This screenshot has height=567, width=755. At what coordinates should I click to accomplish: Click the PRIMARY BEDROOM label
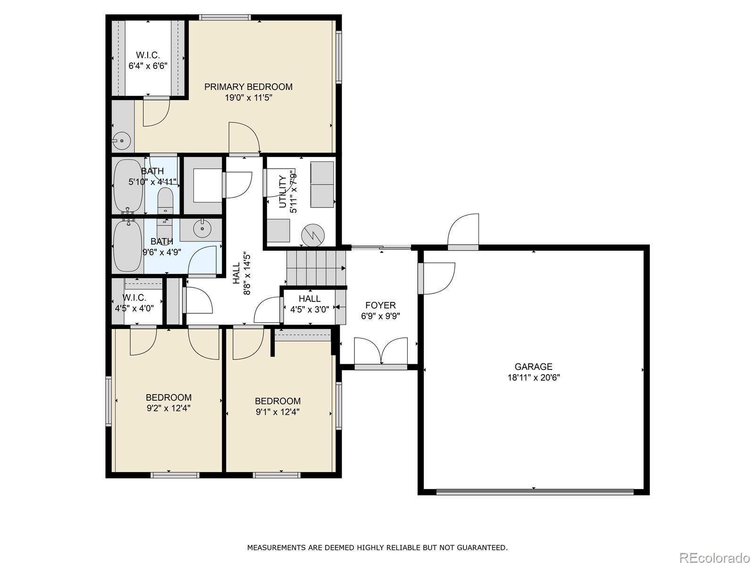point(248,87)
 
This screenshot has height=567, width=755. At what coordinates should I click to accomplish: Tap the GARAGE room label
point(534,367)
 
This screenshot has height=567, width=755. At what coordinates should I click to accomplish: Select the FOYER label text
point(380,305)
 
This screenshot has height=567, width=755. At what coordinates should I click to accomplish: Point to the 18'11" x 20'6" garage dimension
point(534,378)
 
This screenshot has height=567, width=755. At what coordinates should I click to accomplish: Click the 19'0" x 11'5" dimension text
point(248,98)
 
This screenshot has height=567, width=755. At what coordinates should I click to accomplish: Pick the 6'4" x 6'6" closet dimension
point(148,65)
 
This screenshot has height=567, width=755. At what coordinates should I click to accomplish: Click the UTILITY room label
point(283,192)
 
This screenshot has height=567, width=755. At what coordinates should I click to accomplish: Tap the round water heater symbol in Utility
point(313,235)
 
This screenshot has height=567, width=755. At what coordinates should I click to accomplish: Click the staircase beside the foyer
point(316,268)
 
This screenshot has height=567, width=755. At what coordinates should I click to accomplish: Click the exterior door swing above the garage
point(463,229)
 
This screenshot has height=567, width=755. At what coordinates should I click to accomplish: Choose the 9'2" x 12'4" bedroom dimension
point(168,408)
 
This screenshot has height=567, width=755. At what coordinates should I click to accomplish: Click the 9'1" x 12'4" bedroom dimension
point(277,412)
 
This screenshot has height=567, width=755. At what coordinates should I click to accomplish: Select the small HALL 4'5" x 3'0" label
point(310,304)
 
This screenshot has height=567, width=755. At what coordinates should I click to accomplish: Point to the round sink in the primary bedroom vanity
point(122,141)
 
